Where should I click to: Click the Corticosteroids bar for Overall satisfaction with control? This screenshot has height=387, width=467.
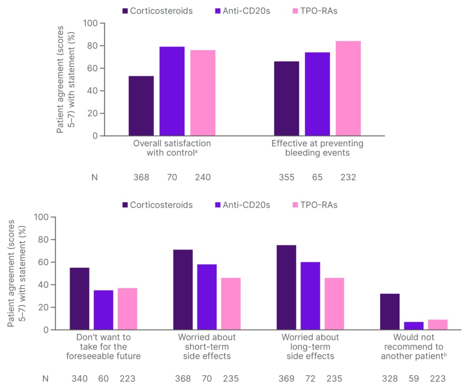pyautogui.click(x=141, y=106)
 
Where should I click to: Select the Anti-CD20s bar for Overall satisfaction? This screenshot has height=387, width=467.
pyautogui.click(x=172, y=91)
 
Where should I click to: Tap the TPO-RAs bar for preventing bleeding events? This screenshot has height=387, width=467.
pyautogui.click(x=348, y=88)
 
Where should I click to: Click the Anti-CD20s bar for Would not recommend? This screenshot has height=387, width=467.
pyautogui.click(x=414, y=325)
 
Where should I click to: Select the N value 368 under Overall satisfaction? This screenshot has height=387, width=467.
pyautogui.click(x=142, y=177)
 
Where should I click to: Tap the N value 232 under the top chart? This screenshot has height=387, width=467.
pyautogui.click(x=348, y=177)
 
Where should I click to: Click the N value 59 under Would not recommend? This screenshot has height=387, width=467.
pyautogui.click(x=414, y=379)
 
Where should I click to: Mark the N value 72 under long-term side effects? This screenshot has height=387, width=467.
pyautogui.click(x=310, y=379)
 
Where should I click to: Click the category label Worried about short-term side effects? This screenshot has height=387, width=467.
pyautogui.click(x=207, y=347)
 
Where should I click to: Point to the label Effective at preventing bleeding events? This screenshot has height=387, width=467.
pyautogui.click(x=317, y=148)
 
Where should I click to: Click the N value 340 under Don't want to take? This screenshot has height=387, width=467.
pyautogui.click(x=79, y=379)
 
